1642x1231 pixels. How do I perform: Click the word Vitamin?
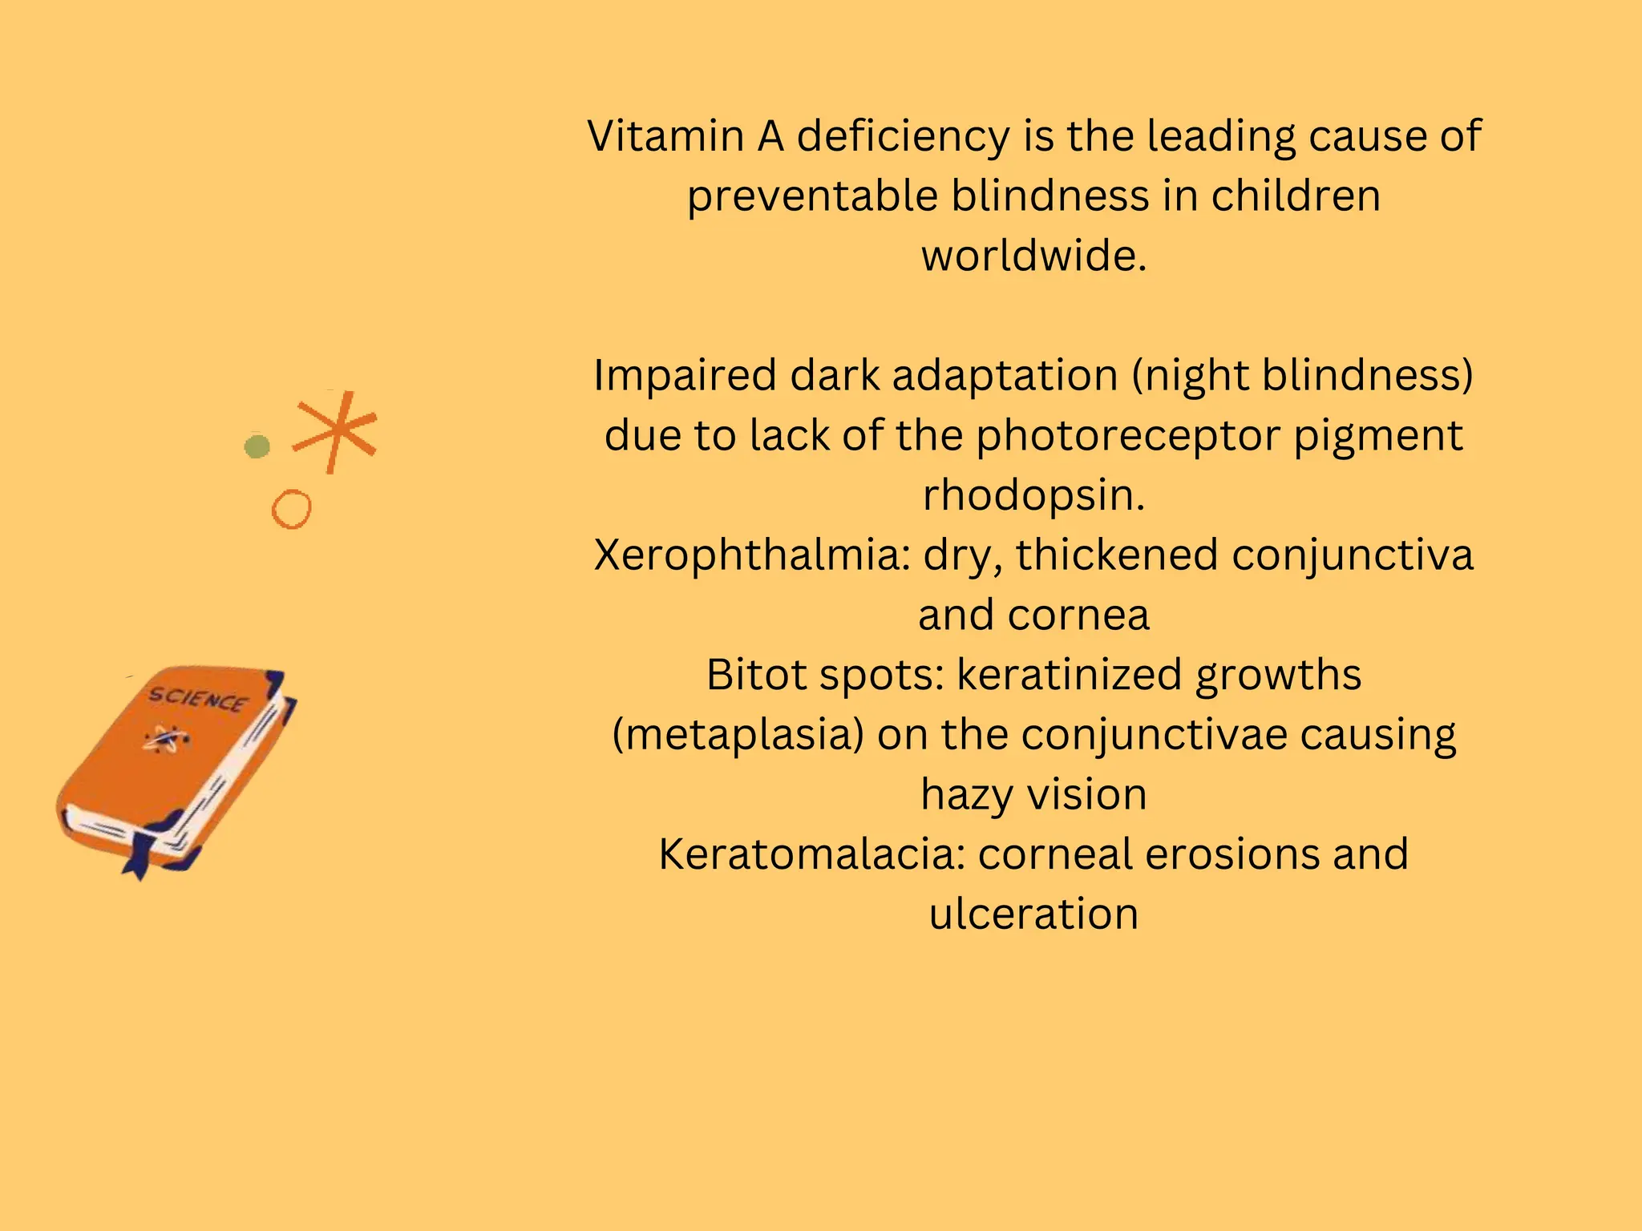[x=665, y=136]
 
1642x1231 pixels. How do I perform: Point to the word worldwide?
[x=1033, y=256]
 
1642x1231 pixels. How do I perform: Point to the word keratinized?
[x=1069, y=675]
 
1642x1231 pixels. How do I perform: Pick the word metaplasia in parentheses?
[x=738, y=736]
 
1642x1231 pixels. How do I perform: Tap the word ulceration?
[x=1033, y=914]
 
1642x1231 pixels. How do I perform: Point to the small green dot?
[x=257, y=446]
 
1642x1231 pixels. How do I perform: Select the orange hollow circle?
[x=291, y=509]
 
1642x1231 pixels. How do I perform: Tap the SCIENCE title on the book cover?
[x=198, y=700]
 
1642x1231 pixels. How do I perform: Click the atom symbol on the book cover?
[x=167, y=739]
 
